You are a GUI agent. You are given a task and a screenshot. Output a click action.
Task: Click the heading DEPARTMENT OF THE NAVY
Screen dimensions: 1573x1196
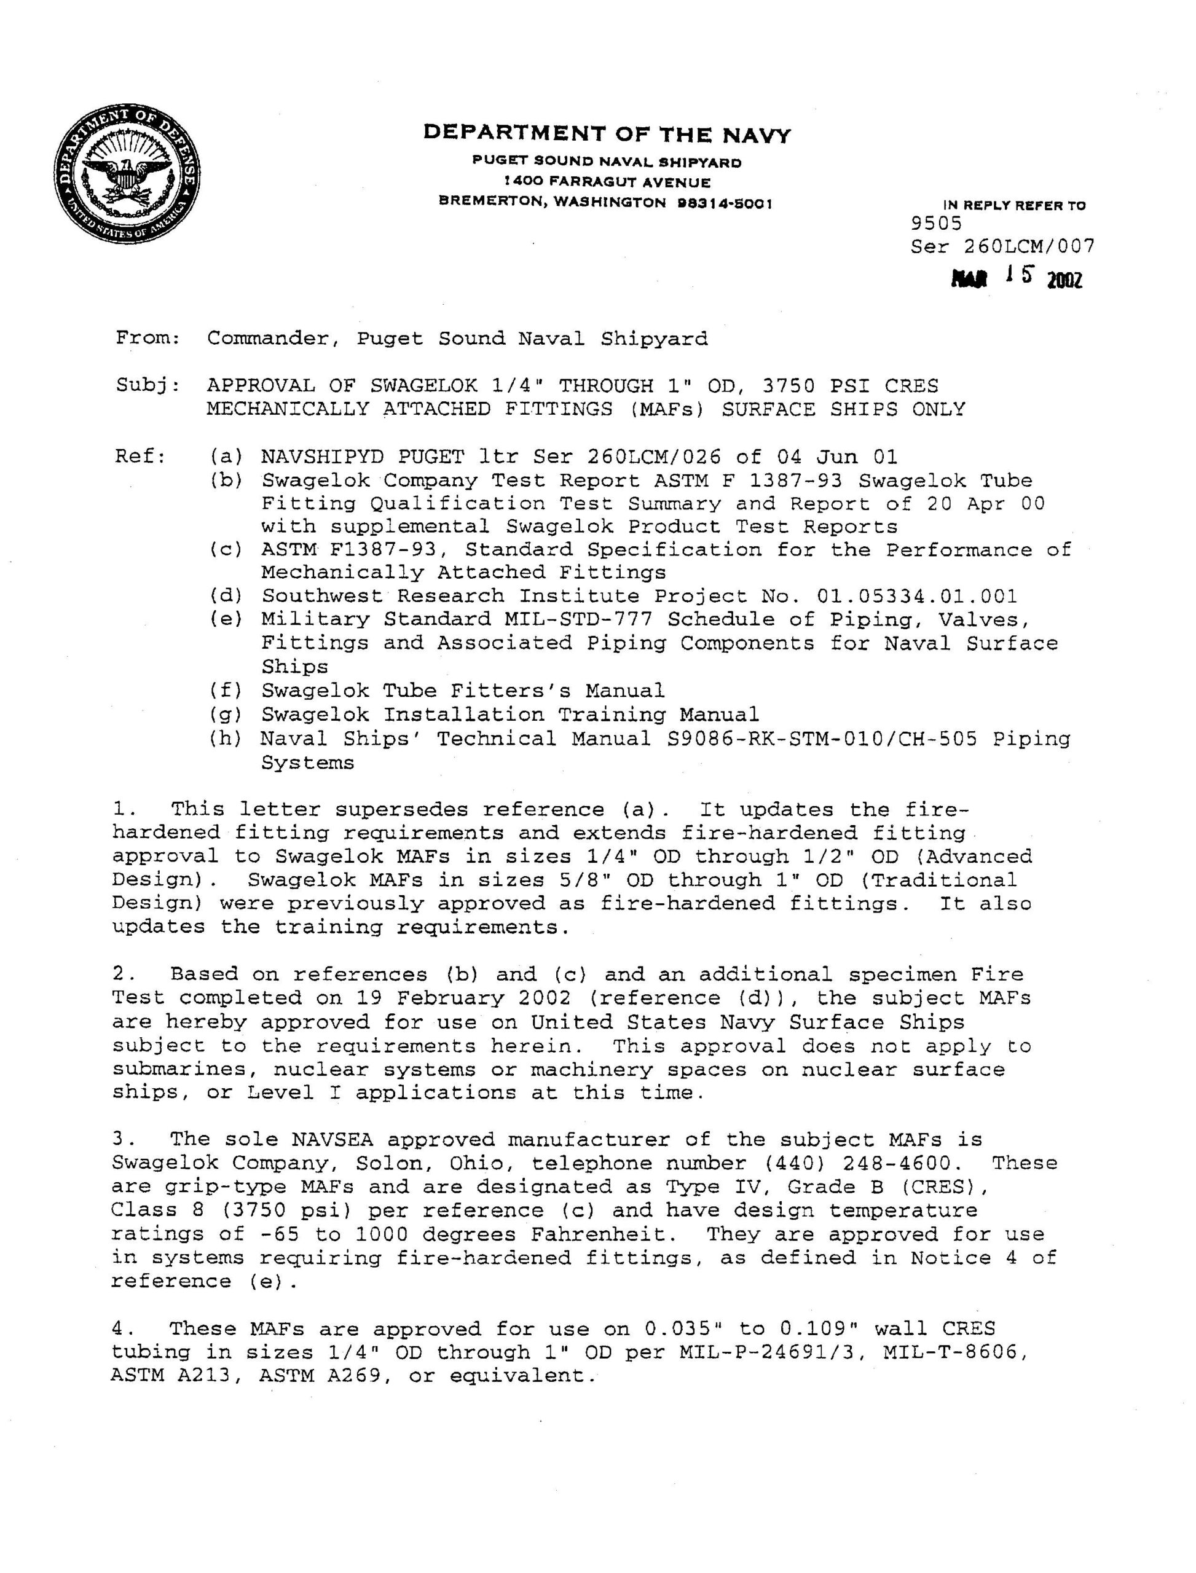point(607,134)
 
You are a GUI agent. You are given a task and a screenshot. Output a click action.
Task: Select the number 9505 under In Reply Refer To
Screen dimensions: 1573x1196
point(936,224)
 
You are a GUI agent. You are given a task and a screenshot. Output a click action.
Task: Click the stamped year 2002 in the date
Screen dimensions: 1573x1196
point(1064,281)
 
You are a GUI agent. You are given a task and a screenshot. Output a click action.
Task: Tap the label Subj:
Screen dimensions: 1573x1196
point(148,386)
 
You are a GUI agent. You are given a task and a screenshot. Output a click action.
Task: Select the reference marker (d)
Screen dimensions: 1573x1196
point(226,596)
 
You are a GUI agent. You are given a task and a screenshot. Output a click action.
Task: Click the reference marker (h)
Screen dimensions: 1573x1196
point(226,739)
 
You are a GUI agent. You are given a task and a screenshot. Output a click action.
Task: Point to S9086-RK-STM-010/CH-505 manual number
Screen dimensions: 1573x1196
point(822,739)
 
